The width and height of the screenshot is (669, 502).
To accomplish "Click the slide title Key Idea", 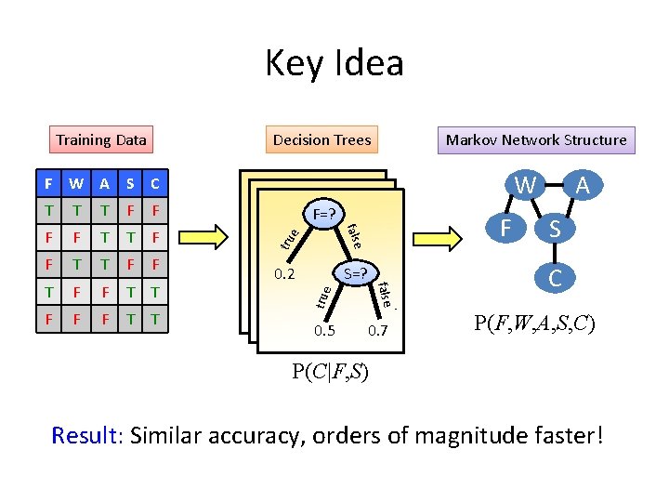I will click(x=334, y=64).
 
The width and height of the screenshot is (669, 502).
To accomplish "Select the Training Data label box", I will click(x=100, y=140).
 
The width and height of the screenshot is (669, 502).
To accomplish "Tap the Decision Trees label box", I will click(x=321, y=140).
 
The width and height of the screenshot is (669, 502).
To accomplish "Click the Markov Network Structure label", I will click(x=536, y=140).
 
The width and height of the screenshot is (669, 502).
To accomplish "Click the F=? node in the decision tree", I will click(x=324, y=213).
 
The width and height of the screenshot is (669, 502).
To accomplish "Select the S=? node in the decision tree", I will click(x=355, y=274).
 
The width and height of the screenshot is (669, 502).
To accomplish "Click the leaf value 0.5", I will click(x=324, y=331).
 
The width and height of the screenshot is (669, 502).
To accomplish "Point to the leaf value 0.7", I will click(x=377, y=331).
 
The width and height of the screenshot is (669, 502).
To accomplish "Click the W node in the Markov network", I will click(x=526, y=186).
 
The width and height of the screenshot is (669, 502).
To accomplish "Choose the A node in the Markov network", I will click(x=583, y=186).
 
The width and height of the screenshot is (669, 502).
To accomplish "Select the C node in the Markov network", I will click(x=555, y=277).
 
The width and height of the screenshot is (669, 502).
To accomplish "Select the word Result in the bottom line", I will click(x=84, y=434).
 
